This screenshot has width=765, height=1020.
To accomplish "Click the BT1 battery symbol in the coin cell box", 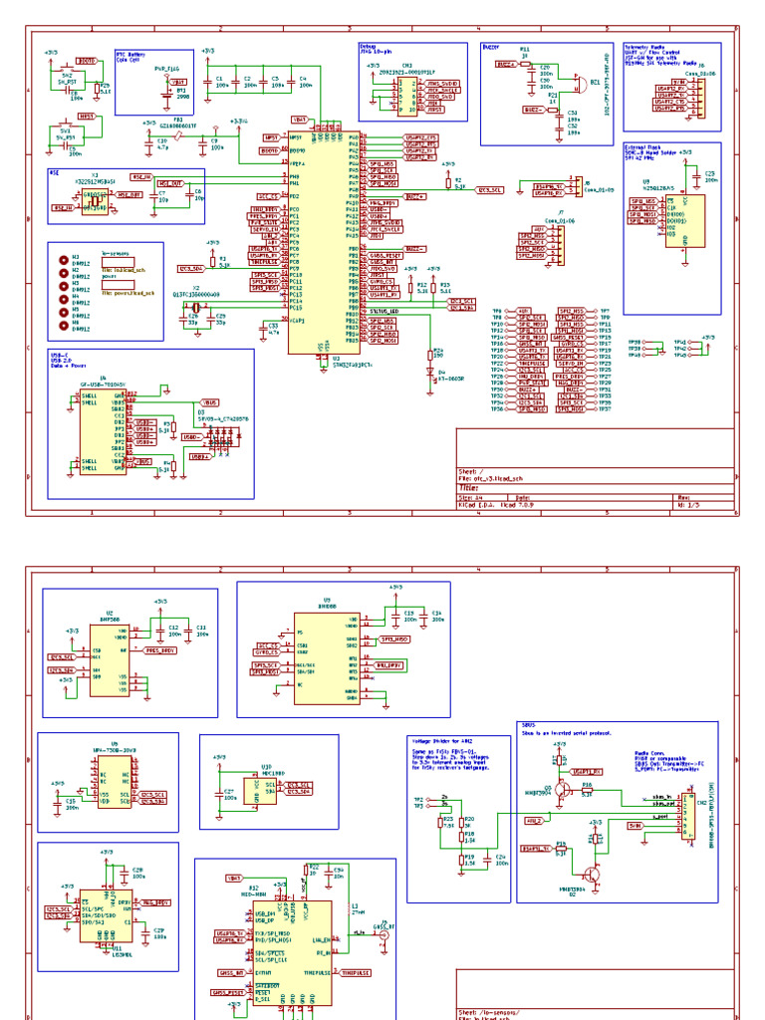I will pos(167,93).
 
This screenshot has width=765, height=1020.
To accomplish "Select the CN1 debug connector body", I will pos(408,97).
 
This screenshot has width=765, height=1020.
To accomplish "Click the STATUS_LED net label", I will pos(384,312).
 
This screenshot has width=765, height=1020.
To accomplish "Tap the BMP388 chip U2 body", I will pos(109,657).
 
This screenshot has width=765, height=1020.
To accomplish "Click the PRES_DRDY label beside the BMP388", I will pos(160,649).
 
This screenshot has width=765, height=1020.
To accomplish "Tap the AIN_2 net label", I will pos(533,820).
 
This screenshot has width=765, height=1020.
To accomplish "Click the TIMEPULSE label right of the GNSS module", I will pos(356,972).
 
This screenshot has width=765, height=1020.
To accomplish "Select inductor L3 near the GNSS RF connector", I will pos(354,917).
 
